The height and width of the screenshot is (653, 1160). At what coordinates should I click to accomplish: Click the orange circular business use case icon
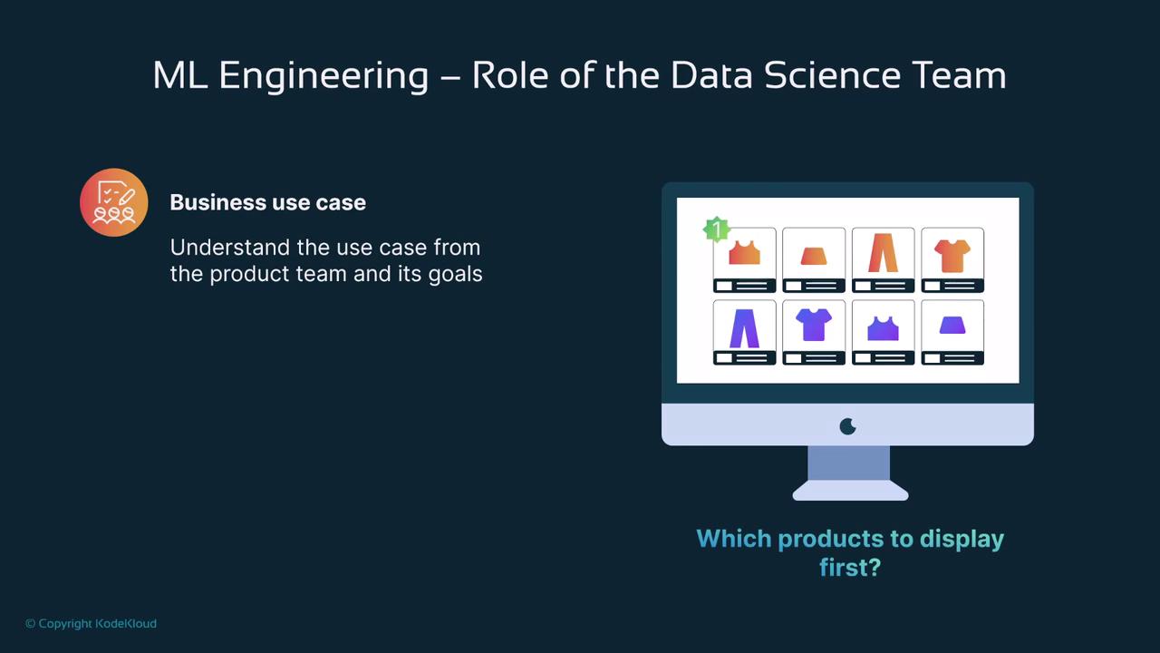point(114,202)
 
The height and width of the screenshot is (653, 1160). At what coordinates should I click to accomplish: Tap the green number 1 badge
point(717,229)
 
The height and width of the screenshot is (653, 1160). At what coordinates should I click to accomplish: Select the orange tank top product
point(744,253)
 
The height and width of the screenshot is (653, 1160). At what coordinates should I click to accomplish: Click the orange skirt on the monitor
point(814,256)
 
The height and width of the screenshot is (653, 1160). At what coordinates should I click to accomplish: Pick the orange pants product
point(883,252)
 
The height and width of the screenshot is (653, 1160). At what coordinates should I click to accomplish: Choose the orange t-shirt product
point(952,256)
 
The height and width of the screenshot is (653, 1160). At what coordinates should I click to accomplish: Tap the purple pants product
point(744,328)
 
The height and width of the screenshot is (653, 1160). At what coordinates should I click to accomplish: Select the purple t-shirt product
point(814,325)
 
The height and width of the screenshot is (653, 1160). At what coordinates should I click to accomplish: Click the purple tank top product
point(883,328)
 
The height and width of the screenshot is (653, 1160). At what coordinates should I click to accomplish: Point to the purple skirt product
point(952,326)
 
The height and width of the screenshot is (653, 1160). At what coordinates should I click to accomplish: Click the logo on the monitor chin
point(847,426)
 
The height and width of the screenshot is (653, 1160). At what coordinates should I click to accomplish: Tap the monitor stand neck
point(849,463)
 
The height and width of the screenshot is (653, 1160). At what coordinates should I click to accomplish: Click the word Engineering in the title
point(324,76)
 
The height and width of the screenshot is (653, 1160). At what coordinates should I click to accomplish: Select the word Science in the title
point(833,75)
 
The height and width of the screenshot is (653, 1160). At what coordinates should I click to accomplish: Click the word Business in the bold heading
point(222,202)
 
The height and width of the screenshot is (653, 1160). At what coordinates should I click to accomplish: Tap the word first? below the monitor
point(850,567)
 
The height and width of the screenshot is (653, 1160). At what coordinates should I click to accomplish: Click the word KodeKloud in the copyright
point(126,623)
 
